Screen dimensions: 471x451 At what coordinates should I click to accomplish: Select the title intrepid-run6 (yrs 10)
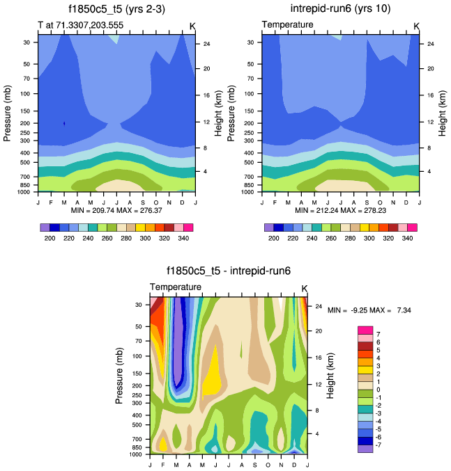339,9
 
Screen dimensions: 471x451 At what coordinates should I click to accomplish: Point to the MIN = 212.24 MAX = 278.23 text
340,210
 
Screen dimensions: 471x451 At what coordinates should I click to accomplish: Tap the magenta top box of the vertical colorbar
366,330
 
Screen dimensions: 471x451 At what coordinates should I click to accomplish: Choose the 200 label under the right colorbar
274,238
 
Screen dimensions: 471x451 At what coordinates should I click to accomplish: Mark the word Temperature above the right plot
287,25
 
